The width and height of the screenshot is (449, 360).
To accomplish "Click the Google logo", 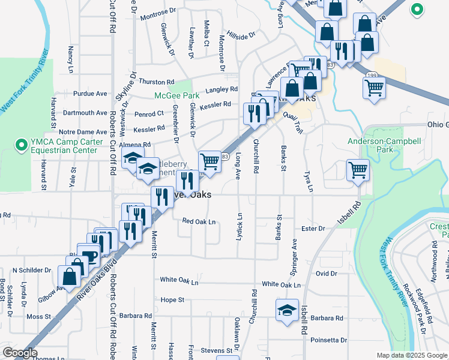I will click(x=20, y=353).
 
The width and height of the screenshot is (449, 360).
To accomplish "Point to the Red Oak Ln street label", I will click(x=199, y=221).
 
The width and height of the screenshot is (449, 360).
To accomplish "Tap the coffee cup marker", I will click(x=89, y=256).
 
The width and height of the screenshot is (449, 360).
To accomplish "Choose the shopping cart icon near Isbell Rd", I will click(x=358, y=169).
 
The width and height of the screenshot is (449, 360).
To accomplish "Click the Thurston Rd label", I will click(x=157, y=82).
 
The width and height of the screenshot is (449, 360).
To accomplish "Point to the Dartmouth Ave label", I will click(x=85, y=113).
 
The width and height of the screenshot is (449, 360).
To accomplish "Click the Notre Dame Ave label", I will click(x=83, y=132).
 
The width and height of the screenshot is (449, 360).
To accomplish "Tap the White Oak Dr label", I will click(x=179, y=280).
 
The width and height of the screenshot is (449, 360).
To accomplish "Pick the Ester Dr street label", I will click(x=313, y=229).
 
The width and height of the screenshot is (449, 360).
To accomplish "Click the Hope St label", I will click(x=172, y=299).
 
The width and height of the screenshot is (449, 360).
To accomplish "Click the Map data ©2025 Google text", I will click(x=411, y=355).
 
